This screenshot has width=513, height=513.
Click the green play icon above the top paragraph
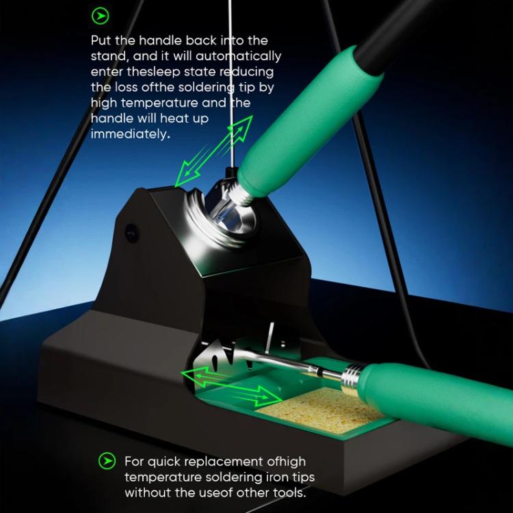click(100, 16)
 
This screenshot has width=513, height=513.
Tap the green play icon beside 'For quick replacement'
click(107, 461)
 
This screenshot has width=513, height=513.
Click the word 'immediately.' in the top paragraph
click(131, 134)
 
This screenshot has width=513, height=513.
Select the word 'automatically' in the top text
click(239, 57)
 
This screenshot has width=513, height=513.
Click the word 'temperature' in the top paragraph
click(159, 103)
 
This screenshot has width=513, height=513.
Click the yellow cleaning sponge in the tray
click(319, 410)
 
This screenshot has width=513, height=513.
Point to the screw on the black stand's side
click(131, 233)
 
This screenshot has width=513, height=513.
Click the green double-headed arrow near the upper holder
click(214, 150)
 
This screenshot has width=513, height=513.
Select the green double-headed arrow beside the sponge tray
click(232, 386)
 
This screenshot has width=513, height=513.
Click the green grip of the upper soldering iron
click(311, 122)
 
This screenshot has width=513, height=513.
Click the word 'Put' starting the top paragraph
click(101, 41)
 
